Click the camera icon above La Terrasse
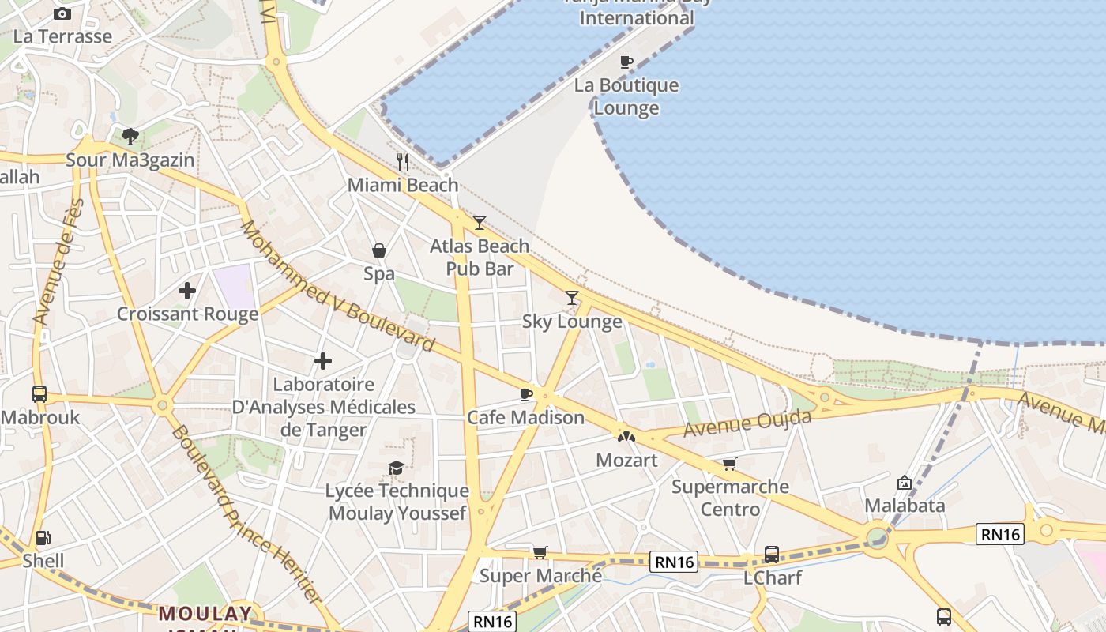point(62,13)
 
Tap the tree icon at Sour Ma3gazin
point(130,137)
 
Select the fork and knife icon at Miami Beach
point(403,162)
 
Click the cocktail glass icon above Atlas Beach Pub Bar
point(479,223)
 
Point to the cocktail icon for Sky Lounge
point(572,298)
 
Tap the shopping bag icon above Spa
point(379,250)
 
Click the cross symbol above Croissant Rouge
point(187,291)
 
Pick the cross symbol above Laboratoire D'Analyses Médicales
point(323,361)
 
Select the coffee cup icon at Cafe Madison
point(526,393)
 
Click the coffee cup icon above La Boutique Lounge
point(626,62)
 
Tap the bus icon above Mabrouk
point(39,393)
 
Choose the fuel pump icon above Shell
point(43,538)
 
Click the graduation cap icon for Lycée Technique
point(397,468)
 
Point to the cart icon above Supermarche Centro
point(729,464)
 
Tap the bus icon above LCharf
point(772,555)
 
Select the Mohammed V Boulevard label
point(338,286)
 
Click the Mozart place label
point(626,460)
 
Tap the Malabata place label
point(905,506)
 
